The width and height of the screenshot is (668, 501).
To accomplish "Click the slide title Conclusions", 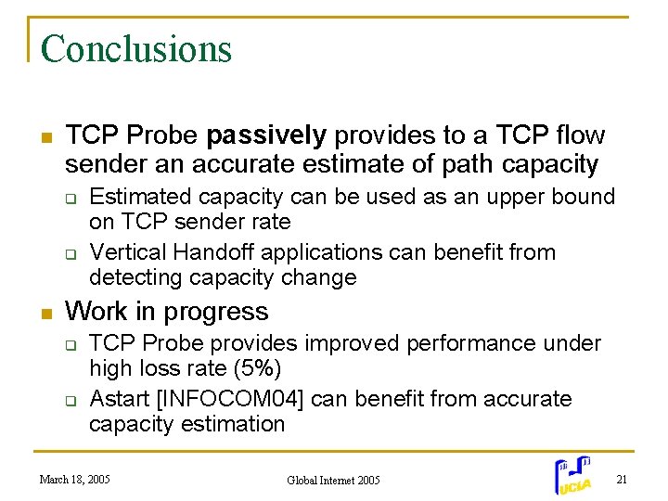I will (135, 48).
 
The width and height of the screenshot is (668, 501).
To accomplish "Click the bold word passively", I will (266, 135).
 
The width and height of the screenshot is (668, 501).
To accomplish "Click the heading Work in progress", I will (167, 311).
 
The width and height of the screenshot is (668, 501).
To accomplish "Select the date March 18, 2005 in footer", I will (74, 480).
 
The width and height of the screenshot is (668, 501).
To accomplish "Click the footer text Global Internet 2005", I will (333, 481).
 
